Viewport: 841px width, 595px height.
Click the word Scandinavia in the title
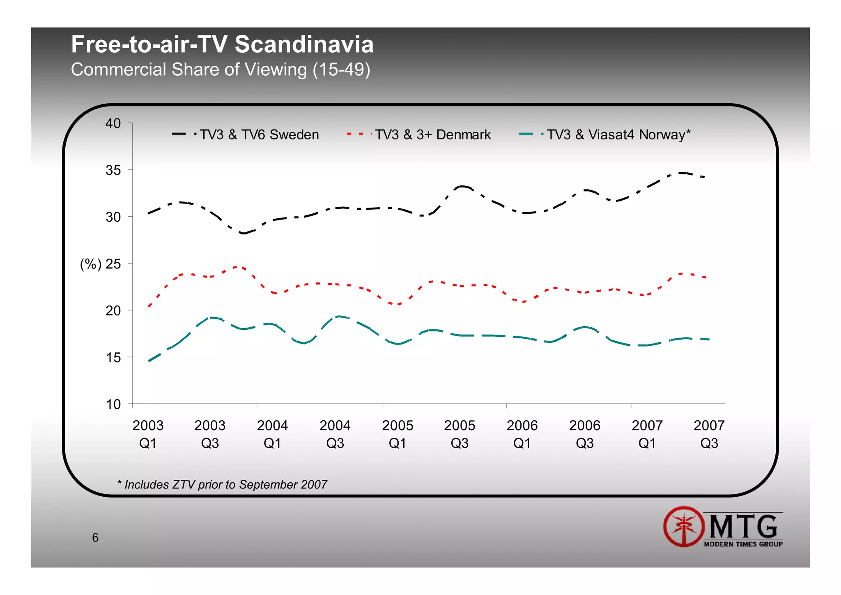click(x=304, y=44)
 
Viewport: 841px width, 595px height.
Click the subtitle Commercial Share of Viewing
click(x=220, y=69)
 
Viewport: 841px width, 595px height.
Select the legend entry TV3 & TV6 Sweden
click(x=259, y=135)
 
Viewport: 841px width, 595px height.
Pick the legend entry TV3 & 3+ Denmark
click(x=432, y=135)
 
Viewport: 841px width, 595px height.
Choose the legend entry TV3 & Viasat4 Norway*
click(x=618, y=135)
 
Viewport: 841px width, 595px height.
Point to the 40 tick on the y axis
click(x=113, y=123)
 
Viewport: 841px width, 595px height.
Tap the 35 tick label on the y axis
click(x=113, y=170)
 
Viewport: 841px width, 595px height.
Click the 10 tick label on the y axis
click(x=113, y=404)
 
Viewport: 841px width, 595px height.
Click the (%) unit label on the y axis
click(x=90, y=264)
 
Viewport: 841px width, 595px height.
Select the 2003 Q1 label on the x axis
click(x=148, y=434)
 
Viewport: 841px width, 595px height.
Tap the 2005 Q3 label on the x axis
click(x=460, y=434)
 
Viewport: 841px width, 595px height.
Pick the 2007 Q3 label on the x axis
click(x=709, y=434)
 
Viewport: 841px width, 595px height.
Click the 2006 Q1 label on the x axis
click(x=522, y=434)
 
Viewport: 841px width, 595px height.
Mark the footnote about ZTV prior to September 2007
click(x=222, y=484)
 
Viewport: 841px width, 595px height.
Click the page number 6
click(x=95, y=537)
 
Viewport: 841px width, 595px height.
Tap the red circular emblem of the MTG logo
click(x=684, y=526)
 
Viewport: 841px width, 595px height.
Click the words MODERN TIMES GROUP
click(x=743, y=544)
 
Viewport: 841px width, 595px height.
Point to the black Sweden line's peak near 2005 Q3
click(x=462, y=186)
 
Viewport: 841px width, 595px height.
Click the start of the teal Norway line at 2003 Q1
click(x=149, y=361)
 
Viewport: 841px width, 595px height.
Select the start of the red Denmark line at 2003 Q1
click(x=149, y=306)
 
